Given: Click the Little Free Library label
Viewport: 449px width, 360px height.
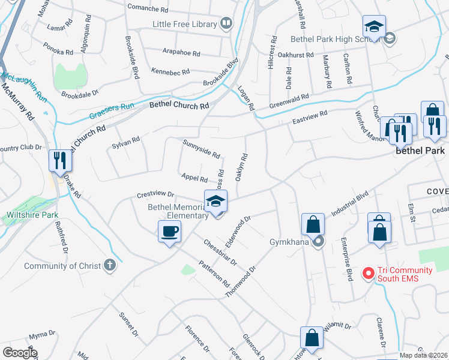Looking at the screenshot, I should point(185,24).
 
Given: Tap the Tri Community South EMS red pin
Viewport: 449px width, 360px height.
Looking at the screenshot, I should point(368,274).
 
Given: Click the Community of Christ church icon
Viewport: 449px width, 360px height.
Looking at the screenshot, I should point(109,265).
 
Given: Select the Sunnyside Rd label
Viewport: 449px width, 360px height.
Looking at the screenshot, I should point(201,148).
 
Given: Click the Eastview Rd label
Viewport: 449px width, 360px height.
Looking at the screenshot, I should point(310,118).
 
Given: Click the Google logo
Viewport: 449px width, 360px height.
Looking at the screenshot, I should point(20,353).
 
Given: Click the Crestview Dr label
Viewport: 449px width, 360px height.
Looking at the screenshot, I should point(155,195).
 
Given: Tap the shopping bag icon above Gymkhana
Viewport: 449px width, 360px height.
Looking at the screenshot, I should point(313,224).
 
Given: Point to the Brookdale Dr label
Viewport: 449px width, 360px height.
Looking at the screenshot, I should point(79,95).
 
